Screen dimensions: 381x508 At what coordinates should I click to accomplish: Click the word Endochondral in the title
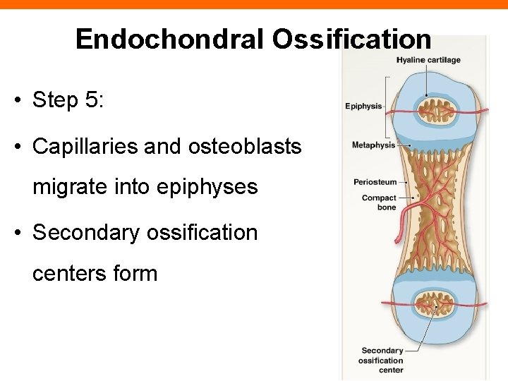(170, 39)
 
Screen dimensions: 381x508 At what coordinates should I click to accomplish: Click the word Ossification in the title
(351, 39)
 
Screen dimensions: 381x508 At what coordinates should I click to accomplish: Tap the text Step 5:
(68, 99)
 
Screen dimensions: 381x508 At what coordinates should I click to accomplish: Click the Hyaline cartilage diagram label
(428, 60)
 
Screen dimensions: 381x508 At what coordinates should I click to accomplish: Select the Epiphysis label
(363, 107)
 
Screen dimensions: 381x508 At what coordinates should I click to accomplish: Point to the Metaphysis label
(373, 145)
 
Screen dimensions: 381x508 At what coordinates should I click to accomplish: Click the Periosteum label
(375, 182)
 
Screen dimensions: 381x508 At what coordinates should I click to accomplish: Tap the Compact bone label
(379, 202)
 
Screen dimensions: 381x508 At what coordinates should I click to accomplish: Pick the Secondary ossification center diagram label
(381, 360)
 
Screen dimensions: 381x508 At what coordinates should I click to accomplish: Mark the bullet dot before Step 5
(15, 100)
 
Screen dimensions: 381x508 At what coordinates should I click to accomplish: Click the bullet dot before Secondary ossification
(15, 233)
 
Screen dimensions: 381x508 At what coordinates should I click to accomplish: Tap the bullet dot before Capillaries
(15, 147)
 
